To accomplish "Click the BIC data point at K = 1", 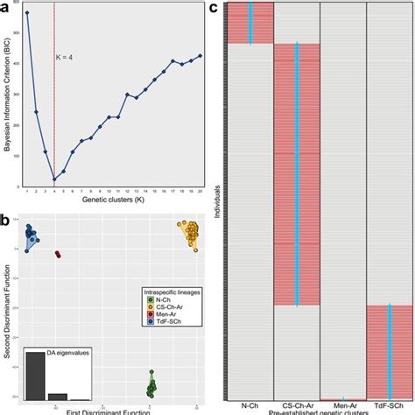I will [x=27, y=13].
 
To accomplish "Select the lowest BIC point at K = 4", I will [x=54, y=179].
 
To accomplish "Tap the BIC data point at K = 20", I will [x=200, y=55].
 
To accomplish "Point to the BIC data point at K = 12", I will [x=127, y=94].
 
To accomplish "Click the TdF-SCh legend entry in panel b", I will [x=165, y=321].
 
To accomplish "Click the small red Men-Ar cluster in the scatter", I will [x=59, y=255].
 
